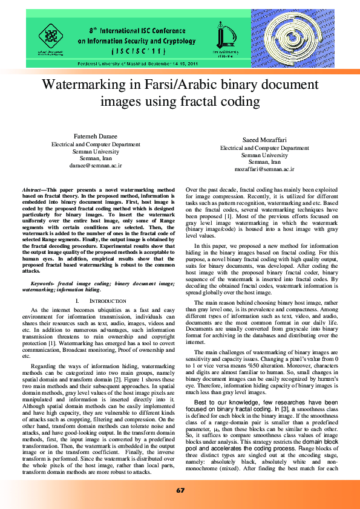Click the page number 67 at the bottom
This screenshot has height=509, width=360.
(x=180, y=490)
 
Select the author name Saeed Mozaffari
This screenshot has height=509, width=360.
(x=264, y=140)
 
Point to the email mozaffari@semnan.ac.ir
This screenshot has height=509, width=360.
(x=264, y=170)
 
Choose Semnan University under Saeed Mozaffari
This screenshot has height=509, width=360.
(x=264, y=155)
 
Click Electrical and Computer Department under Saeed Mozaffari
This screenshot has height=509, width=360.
(x=264, y=148)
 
